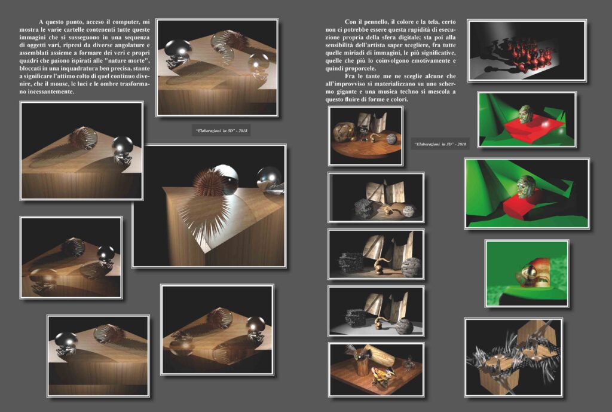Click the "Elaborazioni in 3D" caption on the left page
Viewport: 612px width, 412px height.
pos(221,131)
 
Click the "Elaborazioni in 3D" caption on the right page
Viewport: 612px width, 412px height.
pos(440,144)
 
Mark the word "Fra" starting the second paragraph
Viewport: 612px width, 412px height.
pos(350,76)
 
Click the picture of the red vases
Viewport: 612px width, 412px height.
pos(527,50)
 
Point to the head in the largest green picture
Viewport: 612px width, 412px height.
pos(527,187)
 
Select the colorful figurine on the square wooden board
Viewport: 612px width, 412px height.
pos(383,376)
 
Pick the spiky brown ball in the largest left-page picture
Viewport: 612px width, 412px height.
pos(209,182)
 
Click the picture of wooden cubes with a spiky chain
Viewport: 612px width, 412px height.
pos(513,358)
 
